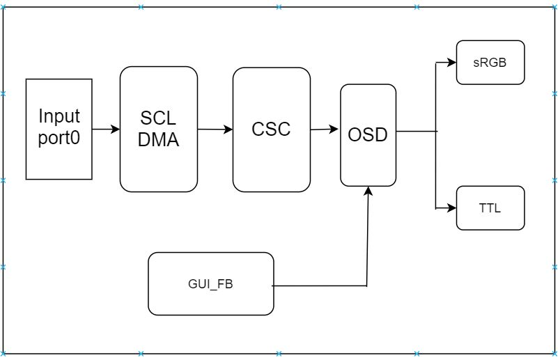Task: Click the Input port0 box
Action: click(x=59, y=129)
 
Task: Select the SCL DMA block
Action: click(x=158, y=129)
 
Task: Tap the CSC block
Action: click(x=271, y=130)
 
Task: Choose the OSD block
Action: click(x=368, y=135)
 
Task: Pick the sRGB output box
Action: click(x=490, y=63)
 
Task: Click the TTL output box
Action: click(x=490, y=208)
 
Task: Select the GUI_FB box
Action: click(x=210, y=283)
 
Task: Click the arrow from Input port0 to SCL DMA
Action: click(x=106, y=129)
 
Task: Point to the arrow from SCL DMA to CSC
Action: click(x=215, y=129)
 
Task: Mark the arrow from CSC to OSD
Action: click(x=325, y=129)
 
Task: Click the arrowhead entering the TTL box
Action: click(x=451, y=208)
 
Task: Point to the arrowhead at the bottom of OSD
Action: click(x=368, y=191)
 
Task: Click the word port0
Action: click(x=59, y=138)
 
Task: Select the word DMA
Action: click(x=158, y=140)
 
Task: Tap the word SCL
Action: click(x=158, y=118)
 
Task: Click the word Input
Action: click(x=59, y=116)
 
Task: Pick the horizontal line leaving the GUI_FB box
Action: click(x=319, y=285)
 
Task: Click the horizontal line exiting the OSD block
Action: click(x=416, y=130)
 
